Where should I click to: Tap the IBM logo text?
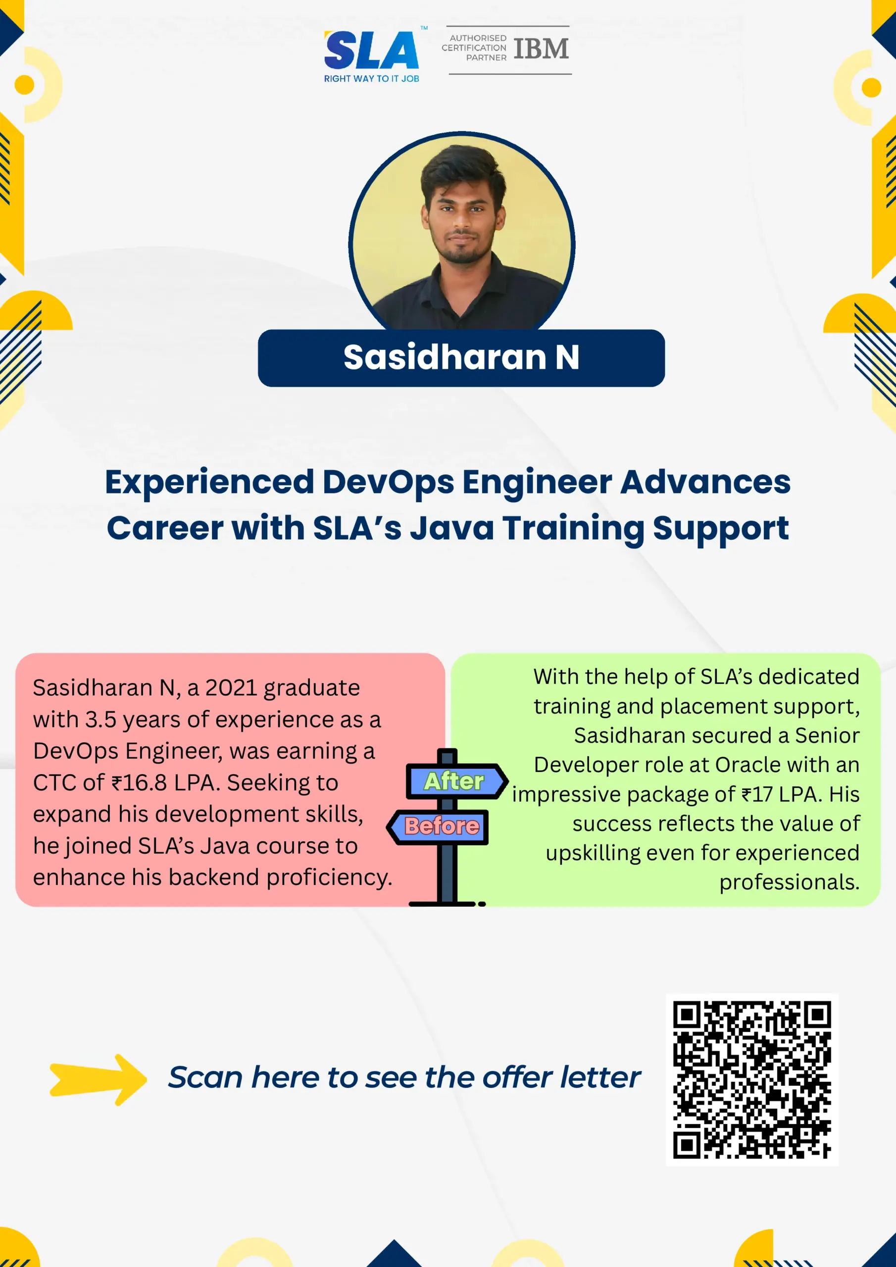tap(541, 49)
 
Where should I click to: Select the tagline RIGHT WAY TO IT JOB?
tap(372, 79)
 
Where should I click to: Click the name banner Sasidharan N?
tap(461, 358)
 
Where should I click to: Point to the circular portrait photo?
tap(462, 232)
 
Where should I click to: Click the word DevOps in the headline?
tap(388, 482)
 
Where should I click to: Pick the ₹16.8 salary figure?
tap(139, 782)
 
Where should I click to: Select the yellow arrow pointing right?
tap(99, 1079)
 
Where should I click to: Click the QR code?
tap(752, 1079)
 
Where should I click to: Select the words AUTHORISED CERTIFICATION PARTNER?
tap(474, 48)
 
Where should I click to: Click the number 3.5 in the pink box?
tap(100, 720)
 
